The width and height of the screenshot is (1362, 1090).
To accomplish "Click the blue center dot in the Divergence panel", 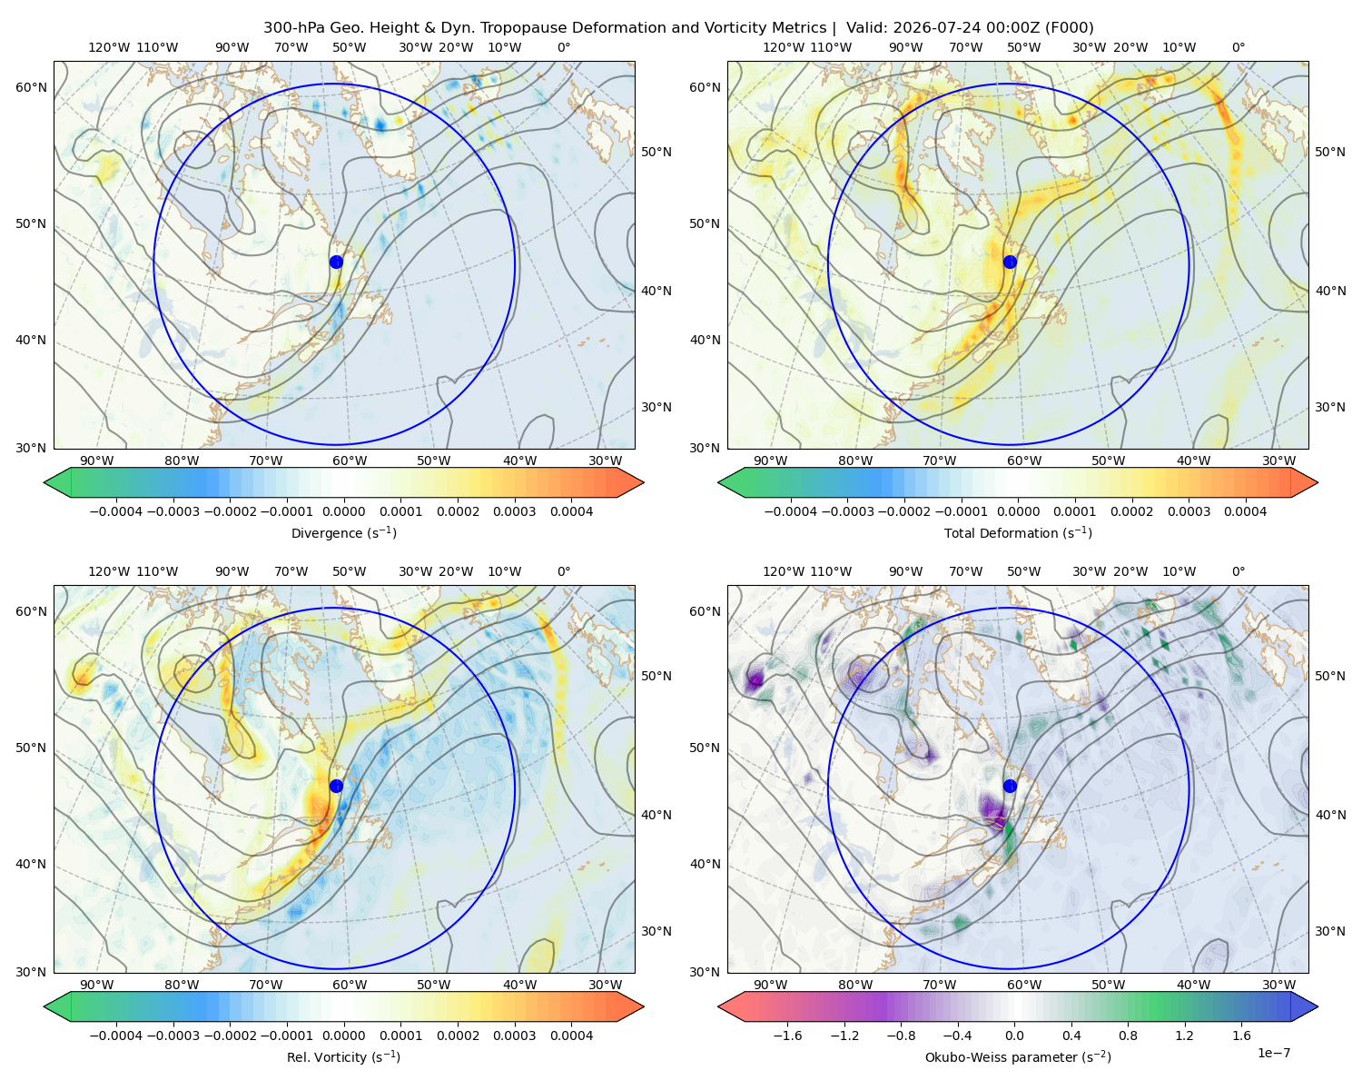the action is point(336,262).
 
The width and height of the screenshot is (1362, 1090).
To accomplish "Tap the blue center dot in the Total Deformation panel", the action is point(1010,262).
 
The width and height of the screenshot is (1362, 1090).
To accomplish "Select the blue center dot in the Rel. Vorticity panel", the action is point(336,786).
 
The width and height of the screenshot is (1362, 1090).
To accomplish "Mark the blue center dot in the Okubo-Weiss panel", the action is point(1010,786).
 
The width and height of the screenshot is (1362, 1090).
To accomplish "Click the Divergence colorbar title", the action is point(343,532).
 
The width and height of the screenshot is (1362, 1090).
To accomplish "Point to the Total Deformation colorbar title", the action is point(1018,532).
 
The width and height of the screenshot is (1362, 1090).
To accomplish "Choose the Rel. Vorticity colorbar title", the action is point(343,1056).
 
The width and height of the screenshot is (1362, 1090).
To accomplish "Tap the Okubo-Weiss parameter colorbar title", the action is point(1018,1056).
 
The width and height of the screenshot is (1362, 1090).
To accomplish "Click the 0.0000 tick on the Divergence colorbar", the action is point(343,511).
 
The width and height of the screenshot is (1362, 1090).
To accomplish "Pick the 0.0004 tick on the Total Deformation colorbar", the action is point(1245,511).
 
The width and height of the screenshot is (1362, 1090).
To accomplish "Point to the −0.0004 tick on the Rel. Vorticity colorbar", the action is point(116,1035).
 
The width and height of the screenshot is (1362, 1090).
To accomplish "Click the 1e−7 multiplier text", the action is point(1273,1053).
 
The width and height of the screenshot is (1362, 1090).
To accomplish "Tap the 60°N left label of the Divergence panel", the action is point(31,87).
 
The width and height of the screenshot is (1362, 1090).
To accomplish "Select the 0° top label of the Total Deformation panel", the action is point(1238,47).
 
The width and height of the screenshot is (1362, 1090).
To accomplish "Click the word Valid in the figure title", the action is point(864,28).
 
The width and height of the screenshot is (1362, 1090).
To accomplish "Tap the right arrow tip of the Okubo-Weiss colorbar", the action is point(1318,1006).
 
